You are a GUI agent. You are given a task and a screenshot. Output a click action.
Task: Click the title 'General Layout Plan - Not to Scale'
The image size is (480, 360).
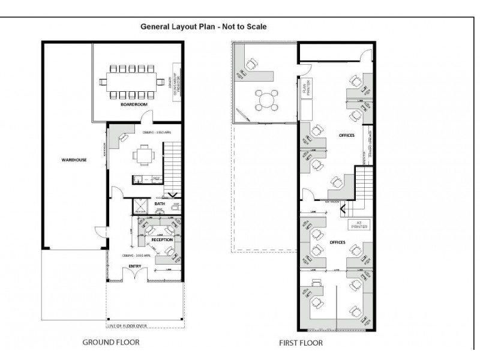coord(203,26)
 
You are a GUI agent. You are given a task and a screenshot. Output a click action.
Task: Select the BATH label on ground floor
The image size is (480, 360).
coord(160,204)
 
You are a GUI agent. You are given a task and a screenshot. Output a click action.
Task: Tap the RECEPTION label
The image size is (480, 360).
coord(162,239)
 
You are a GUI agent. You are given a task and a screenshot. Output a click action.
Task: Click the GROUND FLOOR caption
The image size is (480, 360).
coord(112,343)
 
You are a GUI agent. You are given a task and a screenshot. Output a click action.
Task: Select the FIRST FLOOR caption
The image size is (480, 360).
coord(300,343)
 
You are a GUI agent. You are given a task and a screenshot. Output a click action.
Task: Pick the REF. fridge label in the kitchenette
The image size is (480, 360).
coord(156,178)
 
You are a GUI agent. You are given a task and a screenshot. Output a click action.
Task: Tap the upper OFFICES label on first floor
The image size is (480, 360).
coord(346,136)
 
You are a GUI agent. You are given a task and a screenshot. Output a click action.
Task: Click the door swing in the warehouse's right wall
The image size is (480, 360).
coord(99,234)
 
